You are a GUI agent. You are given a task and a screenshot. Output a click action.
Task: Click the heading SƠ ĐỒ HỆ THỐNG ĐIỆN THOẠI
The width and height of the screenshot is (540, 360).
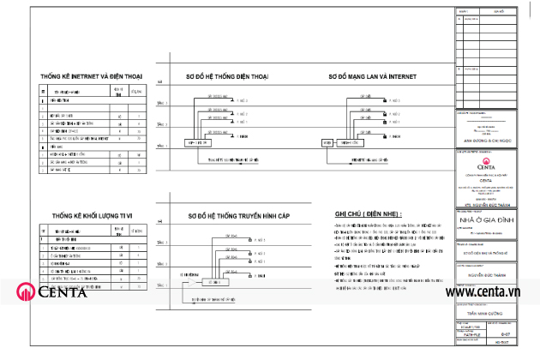click(x=227, y=77)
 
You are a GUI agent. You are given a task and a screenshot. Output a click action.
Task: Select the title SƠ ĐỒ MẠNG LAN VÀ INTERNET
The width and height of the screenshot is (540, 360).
click(x=372, y=77)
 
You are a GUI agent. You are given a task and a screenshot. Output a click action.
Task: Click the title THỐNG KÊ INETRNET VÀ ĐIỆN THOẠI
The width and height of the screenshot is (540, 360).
click(x=97, y=75)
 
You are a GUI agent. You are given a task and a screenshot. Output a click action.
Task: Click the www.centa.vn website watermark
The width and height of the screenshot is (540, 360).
click(x=491, y=293)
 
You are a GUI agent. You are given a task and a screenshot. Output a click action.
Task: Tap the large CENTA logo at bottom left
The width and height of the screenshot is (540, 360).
click(x=51, y=293)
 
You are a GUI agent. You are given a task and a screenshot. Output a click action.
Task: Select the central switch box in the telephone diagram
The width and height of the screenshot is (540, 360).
click(x=204, y=141)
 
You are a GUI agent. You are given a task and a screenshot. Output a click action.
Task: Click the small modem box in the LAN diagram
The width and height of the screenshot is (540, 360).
click(x=327, y=141)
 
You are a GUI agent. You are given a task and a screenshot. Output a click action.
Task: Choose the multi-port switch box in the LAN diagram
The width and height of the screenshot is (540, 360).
click(x=349, y=141)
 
